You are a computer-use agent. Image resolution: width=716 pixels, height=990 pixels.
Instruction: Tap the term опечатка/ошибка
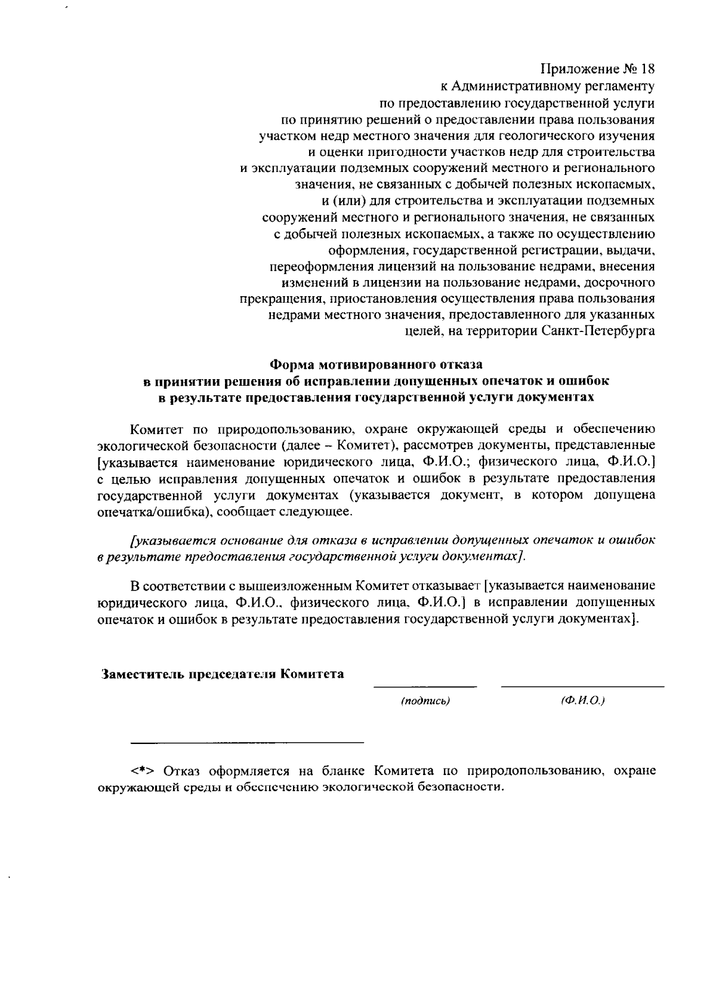click(x=151, y=512)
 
